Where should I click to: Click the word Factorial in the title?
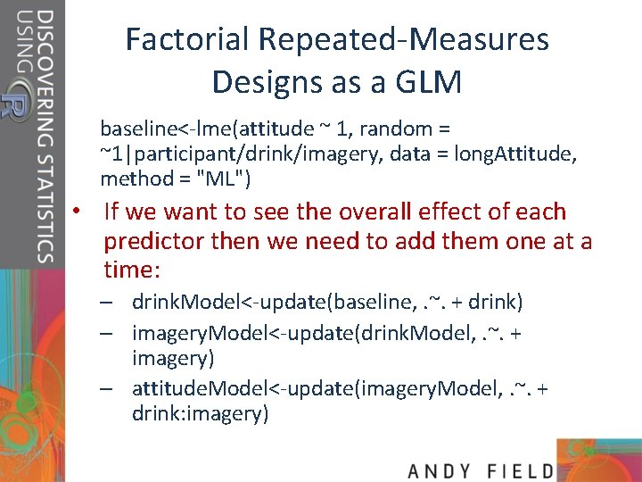coord(188,39)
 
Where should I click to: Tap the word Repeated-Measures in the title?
coord(404,39)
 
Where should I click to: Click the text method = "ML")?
coord(176,179)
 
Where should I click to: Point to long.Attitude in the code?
coord(515,154)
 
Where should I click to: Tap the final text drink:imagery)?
coord(200,414)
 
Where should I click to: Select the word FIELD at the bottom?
coord(522,470)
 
